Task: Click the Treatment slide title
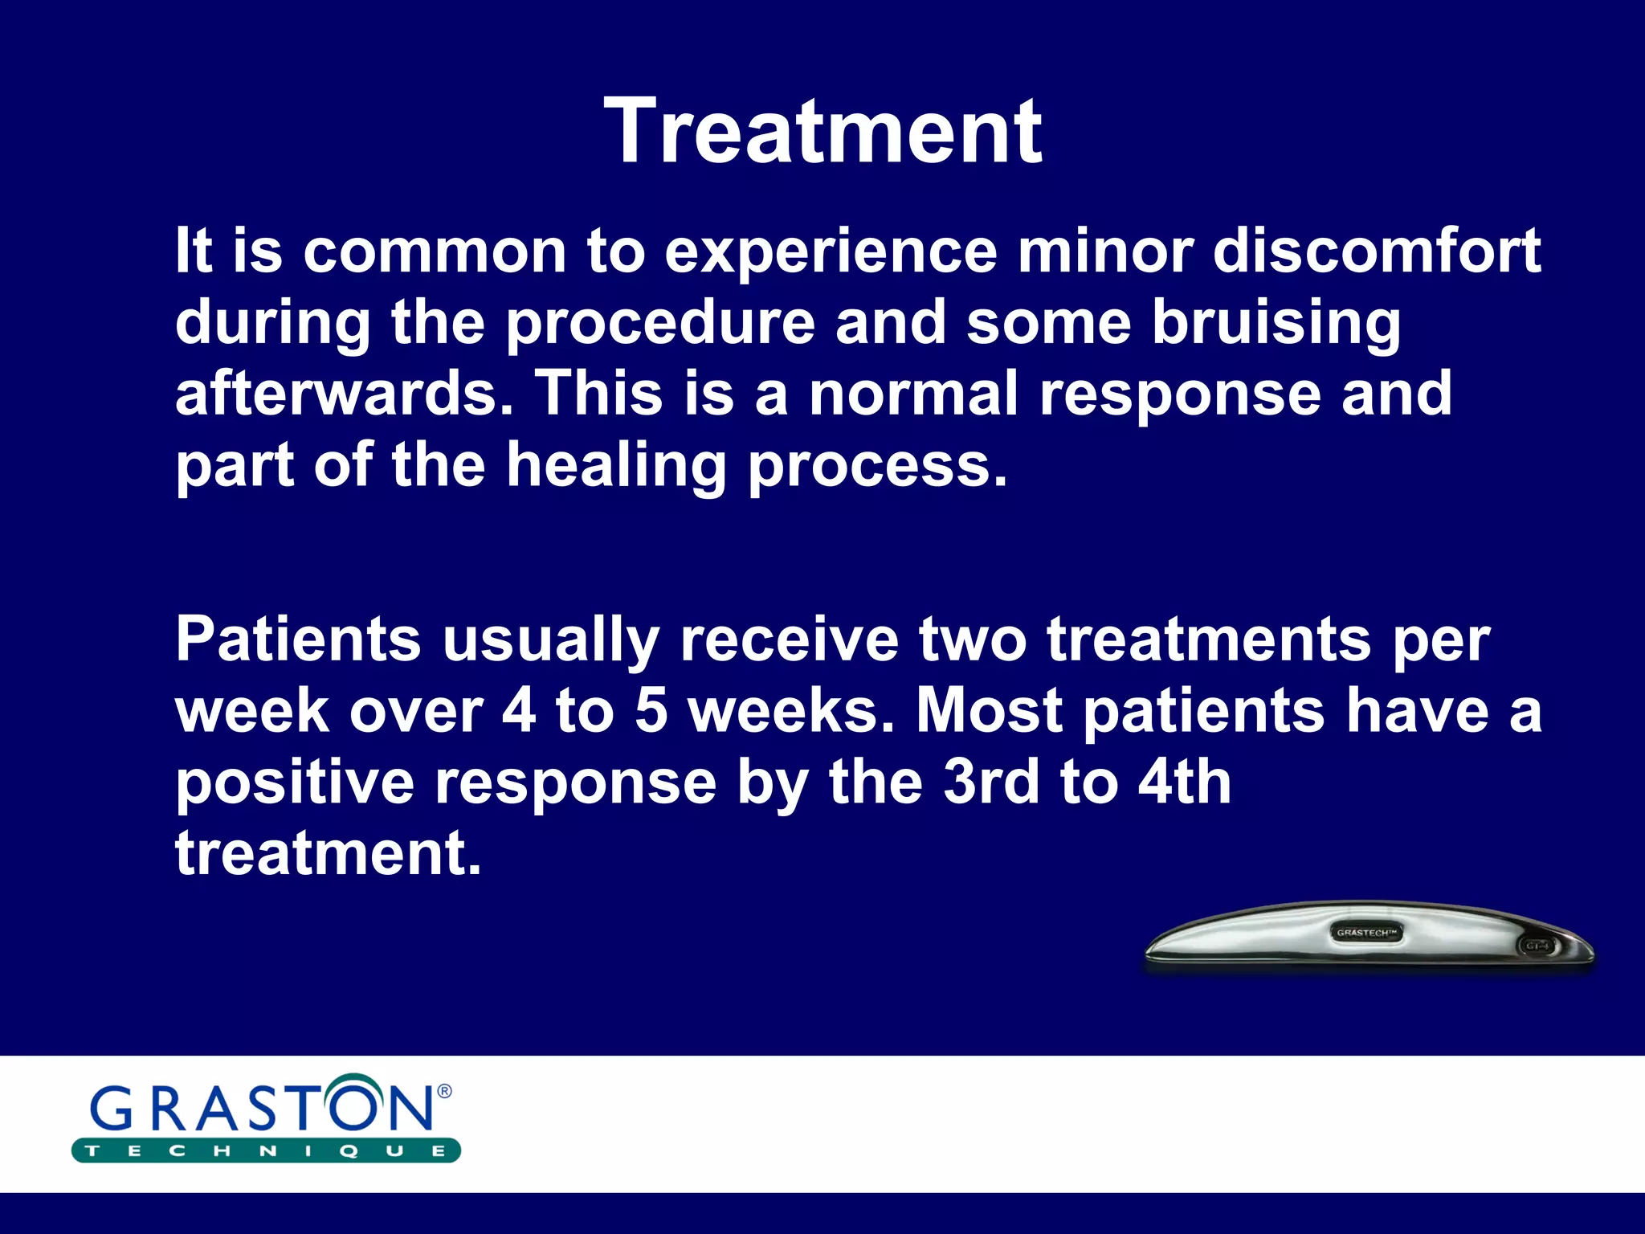[x=822, y=131]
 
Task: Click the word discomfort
[x=1377, y=251]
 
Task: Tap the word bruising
[x=1276, y=323]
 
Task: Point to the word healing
[x=616, y=466]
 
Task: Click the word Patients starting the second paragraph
[x=298, y=639]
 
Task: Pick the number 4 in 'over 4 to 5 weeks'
[x=518, y=711]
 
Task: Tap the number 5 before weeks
[x=651, y=711]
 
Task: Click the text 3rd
[x=990, y=782]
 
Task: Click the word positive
[x=294, y=783]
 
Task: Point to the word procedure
[x=660, y=323]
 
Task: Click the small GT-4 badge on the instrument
[x=1537, y=946]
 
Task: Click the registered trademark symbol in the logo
[x=444, y=1091]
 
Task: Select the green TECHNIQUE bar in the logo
[x=265, y=1150]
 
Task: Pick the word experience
[x=831, y=252]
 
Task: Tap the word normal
[x=913, y=394]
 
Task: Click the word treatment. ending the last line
[x=328, y=853]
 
